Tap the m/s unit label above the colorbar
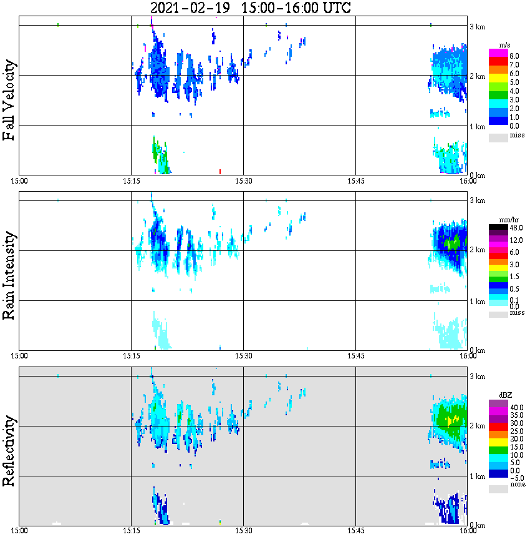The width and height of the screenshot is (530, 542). coord(505,46)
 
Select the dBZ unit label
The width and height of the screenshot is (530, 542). coord(505,396)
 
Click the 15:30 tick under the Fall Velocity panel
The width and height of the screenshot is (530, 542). coord(243,181)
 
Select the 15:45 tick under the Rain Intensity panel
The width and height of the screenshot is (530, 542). coord(355,356)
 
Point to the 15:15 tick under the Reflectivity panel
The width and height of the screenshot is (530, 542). coord(131,531)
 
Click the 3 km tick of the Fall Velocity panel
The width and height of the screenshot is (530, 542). coord(477,26)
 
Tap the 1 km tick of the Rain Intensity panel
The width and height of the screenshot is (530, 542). coord(477,302)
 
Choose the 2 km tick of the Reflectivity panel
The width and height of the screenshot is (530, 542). coord(477,426)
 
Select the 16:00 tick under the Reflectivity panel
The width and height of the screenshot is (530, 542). coord(468,531)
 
